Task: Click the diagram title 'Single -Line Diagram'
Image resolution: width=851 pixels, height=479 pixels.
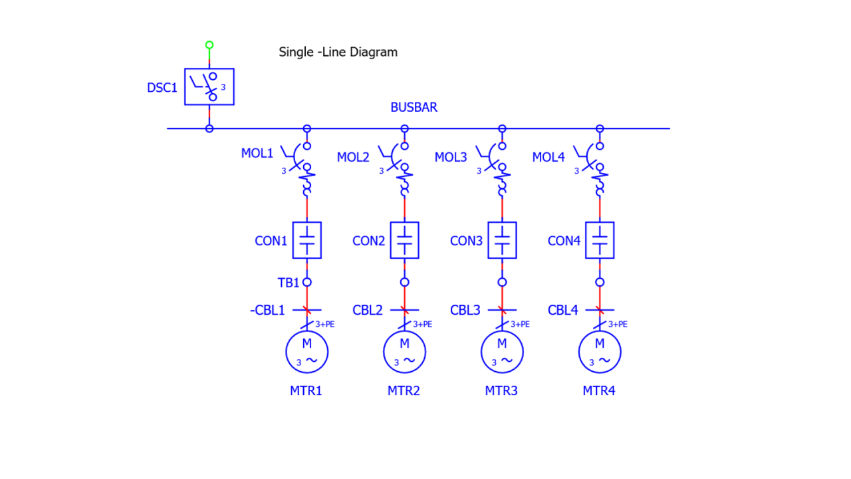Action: pos(338,52)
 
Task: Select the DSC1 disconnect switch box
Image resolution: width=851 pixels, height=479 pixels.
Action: pos(209,86)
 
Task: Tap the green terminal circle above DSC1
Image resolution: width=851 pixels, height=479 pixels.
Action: pos(209,45)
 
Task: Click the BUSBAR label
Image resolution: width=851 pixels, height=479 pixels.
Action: pos(414,107)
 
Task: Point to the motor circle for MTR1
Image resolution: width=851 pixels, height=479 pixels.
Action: pos(306,351)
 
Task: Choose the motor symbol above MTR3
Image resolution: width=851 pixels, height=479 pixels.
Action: pos(502,351)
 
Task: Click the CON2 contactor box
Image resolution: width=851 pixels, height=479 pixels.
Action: pos(404,240)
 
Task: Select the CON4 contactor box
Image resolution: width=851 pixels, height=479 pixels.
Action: pos(600,240)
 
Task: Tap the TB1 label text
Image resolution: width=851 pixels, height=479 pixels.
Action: pos(289,282)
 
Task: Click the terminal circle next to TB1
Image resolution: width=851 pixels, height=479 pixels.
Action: pos(306,282)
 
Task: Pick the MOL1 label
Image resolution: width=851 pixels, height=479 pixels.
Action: pos(257,153)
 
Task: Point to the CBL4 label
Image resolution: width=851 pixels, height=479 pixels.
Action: pos(563,310)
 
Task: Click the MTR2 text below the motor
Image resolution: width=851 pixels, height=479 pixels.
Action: pos(404,391)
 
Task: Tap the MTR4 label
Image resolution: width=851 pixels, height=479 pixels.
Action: pos(599,391)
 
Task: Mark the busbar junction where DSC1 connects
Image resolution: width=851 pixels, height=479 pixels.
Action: pos(209,128)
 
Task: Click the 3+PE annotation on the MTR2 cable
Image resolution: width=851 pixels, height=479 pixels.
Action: pos(423,324)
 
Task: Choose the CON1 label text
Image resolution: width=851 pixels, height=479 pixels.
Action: pos(271,241)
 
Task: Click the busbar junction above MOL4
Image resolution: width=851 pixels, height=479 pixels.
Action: pos(600,128)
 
